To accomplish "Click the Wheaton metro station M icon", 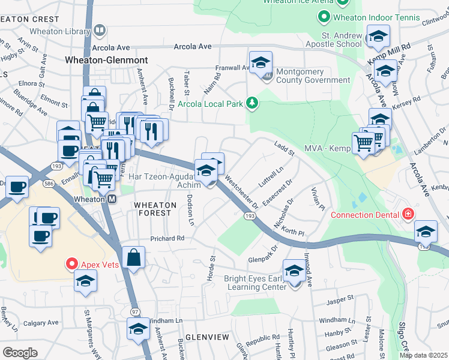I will (112, 199).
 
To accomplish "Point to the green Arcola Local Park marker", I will (253, 104).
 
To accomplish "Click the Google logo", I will (20, 352).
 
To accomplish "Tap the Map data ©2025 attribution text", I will (423, 355).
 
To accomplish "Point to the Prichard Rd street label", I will (167, 238).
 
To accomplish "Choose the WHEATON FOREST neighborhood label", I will (155, 205).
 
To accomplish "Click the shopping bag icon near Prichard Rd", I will (134, 259).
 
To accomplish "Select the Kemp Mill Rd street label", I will (397, 46).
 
